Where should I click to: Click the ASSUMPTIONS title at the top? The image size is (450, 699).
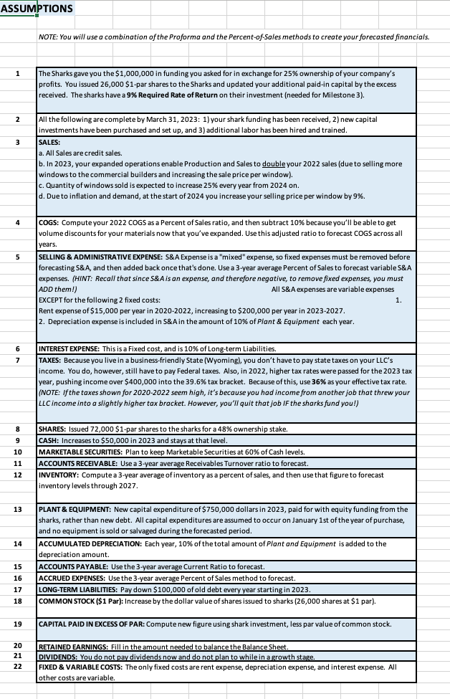click(x=37, y=8)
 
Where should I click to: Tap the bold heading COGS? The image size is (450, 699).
click(x=49, y=222)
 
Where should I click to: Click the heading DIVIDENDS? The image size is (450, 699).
click(x=55, y=657)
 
